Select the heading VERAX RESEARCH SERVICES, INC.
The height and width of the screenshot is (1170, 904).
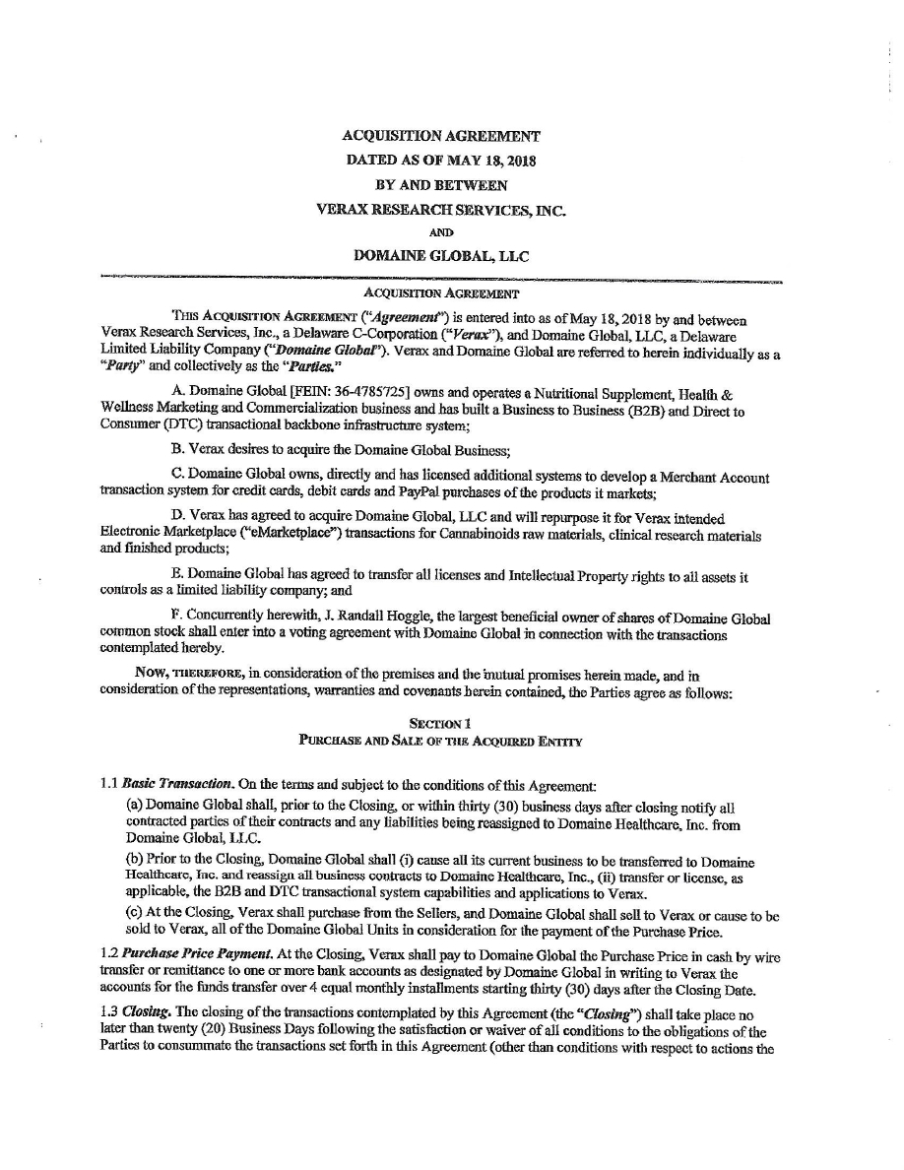(440, 209)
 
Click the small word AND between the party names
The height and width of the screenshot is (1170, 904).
(440, 233)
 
